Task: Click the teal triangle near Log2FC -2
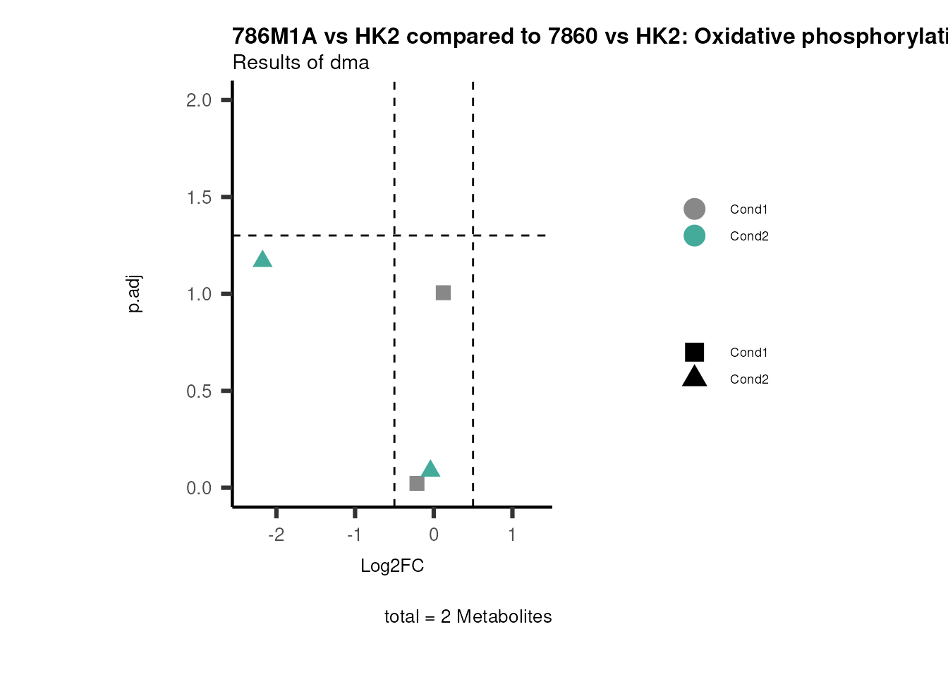[262, 260]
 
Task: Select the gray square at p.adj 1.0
[443, 293]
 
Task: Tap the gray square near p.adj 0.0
[417, 483]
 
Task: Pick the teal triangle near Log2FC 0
[430, 469]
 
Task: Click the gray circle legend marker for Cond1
[694, 209]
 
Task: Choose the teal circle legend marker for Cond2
[694, 236]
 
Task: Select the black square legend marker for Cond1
[694, 352]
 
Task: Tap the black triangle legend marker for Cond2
[694, 377]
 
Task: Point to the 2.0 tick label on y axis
[199, 100]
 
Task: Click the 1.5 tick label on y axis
[199, 197]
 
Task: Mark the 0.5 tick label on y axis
[199, 391]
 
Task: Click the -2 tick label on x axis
[276, 535]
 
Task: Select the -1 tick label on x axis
[354, 535]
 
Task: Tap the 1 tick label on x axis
[512, 535]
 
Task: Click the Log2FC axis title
[392, 566]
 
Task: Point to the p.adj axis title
[134, 293]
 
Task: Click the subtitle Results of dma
[300, 63]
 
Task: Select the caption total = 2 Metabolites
[468, 616]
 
